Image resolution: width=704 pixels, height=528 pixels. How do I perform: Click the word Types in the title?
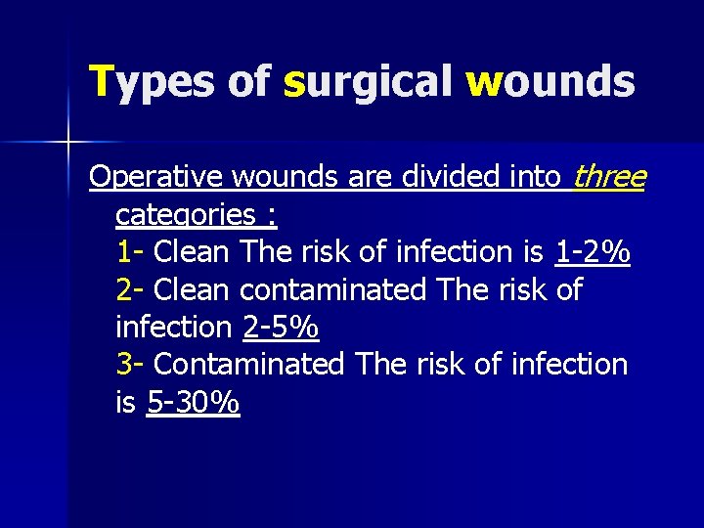pos(151,82)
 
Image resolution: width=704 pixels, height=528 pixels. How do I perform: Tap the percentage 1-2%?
pos(593,252)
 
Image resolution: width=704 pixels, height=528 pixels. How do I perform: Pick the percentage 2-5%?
pos(281,327)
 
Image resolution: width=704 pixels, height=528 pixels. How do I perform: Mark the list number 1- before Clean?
pos(130,252)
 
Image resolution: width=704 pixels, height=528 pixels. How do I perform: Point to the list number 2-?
pos(130,289)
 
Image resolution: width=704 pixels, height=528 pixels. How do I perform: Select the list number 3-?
pos(130,364)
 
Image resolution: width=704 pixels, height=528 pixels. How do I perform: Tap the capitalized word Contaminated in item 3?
pos(249,364)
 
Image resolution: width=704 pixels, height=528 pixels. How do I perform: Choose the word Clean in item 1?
pos(192,252)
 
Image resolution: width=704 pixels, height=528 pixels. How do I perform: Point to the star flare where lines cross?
pos(68,143)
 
